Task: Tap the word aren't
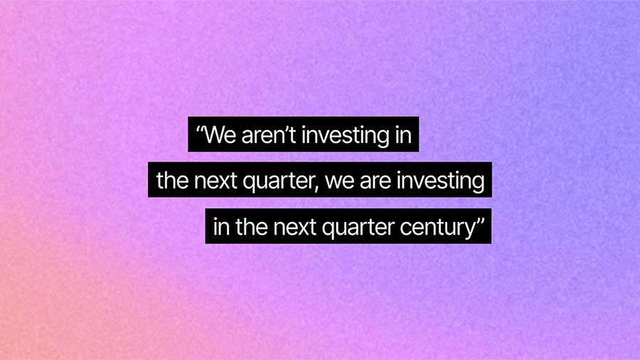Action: (x=270, y=135)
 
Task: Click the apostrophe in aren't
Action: (x=289, y=130)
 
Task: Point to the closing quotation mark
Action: (x=479, y=222)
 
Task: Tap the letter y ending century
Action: (x=469, y=230)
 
